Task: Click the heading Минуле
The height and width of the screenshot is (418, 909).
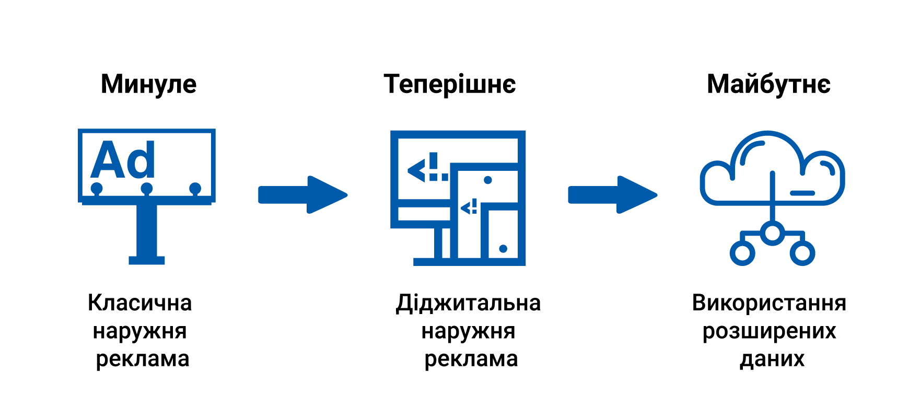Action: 149,84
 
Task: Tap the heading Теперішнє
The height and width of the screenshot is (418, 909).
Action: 450,84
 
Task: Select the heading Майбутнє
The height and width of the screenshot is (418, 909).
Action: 768,84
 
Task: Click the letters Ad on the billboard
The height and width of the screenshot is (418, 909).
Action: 123,160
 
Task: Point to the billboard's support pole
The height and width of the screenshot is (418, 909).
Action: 147,230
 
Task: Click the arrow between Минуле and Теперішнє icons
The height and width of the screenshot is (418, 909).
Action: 303,195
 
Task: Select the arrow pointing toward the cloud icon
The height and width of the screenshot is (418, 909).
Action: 613,195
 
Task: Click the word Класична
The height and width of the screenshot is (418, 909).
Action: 140,303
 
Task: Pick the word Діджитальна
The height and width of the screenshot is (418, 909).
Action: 468,303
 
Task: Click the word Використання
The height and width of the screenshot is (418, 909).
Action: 769,303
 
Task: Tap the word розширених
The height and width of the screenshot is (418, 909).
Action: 769,331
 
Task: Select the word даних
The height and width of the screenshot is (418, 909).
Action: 772,359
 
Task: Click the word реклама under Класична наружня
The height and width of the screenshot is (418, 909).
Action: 142,359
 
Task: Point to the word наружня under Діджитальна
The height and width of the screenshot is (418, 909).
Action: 468,331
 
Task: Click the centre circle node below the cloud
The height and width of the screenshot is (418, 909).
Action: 772,233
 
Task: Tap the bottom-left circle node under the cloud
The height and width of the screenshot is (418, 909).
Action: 742,253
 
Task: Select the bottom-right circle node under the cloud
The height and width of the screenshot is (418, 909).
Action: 802,253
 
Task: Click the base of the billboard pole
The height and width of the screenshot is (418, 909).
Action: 147,260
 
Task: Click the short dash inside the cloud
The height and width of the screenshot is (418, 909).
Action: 802,193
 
